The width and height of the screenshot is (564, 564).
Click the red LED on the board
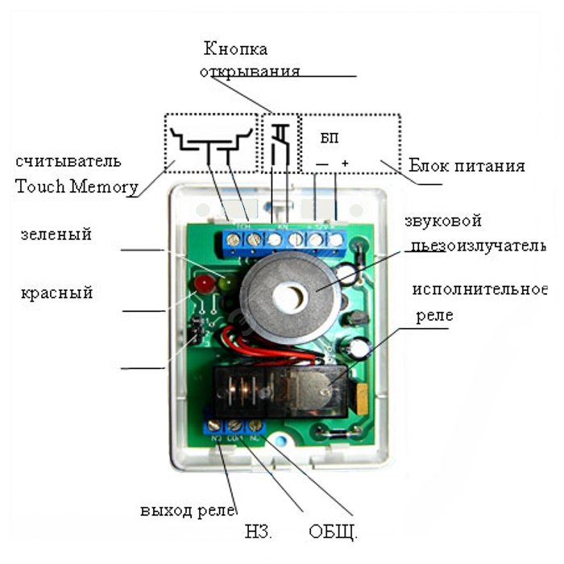(x=204, y=284)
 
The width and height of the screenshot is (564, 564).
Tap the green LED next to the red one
(x=223, y=283)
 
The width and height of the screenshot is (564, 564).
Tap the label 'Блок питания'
(x=467, y=166)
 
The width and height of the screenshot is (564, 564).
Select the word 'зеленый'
(x=56, y=234)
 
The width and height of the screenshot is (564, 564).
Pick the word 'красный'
(x=56, y=292)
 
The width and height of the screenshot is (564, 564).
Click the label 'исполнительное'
(x=479, y=289)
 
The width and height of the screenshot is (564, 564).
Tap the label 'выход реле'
(x=187, y=511)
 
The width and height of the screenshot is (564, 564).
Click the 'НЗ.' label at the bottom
(x=259, y=533)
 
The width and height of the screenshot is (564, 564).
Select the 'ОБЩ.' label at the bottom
(x=333, y=533)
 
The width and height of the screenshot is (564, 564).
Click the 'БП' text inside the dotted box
(x=330, y=138)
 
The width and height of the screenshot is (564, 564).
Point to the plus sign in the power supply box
(x=345, y=164)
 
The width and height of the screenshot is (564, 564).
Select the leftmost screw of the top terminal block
(x=234, y=239)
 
